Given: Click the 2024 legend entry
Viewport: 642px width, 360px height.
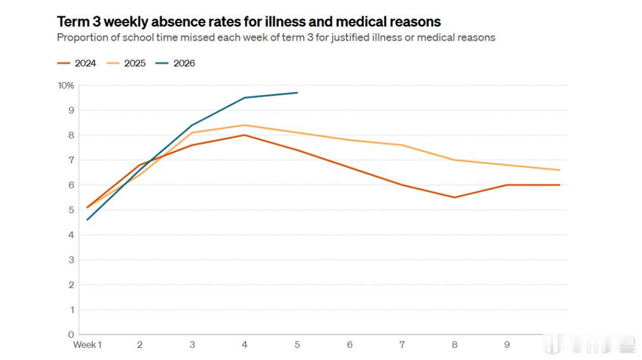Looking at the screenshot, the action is [x=77, y=64].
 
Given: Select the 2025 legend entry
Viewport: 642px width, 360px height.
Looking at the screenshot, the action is [x=126, y=64].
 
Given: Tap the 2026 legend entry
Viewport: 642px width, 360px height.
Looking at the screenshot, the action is [x=175, y=64].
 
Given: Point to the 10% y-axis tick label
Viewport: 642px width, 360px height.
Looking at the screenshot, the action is [x=66, y=86].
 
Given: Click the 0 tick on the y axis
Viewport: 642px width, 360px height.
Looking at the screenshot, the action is [x=71, y=334].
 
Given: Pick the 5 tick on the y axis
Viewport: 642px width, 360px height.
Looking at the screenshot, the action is [x=71, y=210].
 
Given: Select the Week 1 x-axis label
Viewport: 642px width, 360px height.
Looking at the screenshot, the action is [x=87, y=345].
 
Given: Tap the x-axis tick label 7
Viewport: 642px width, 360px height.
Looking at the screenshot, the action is [x=402, y=345].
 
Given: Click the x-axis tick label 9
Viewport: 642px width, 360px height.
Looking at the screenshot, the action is [x=507, y=345].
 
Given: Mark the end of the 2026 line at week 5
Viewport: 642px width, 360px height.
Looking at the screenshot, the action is [x=297, y=93].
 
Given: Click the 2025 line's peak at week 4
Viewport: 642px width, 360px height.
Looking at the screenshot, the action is [x=244, y=125].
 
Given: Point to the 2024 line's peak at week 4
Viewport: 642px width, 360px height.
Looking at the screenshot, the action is [x=244, y=135].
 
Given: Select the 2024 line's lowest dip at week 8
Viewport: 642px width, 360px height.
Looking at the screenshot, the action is [x=455, y=197].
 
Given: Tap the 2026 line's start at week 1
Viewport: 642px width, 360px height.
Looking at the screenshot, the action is [x=87, y=220].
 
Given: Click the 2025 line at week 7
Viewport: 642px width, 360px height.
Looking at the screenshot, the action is [x=402, y=145].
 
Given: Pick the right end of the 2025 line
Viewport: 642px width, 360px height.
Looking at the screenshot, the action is [x=560, y=170].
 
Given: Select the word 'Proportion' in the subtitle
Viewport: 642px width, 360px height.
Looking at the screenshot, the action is [x=83, y=37].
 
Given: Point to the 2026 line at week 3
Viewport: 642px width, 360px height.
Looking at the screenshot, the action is [x=192, y=125].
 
